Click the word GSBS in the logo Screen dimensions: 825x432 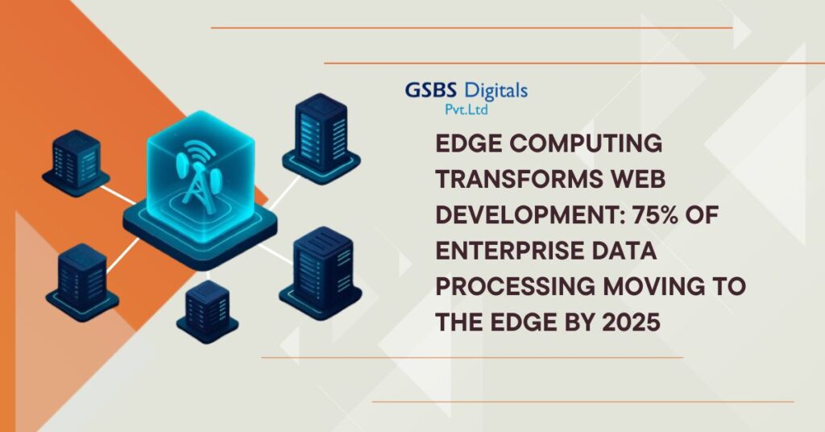pos(432,90)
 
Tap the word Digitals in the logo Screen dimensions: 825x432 pos(496,91)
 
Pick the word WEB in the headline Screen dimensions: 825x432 pos(637,180)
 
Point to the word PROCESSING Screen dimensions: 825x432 pos(515,287)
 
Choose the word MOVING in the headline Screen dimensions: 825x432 pos(653,287)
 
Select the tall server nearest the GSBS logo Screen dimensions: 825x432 pos(321,139)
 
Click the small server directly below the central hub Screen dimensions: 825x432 pos(207,311)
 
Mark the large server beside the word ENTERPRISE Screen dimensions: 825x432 pos(321,273)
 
